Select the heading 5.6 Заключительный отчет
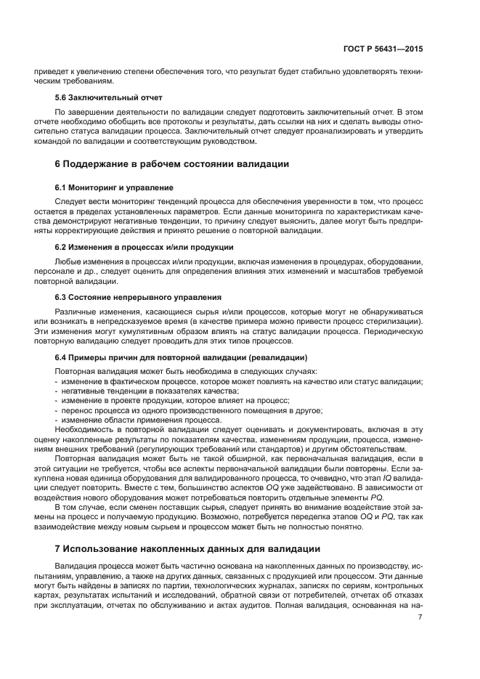point(108,97)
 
